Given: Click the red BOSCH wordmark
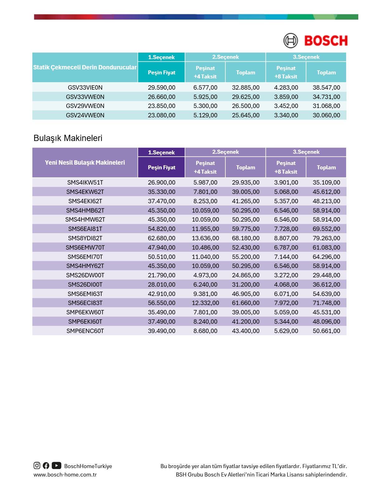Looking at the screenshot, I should tap(326, 41).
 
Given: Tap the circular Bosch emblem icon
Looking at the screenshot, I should tap(290, 41).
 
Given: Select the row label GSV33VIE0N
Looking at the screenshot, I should tap(85, 87).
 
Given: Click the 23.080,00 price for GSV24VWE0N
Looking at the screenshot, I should tap(162, 115).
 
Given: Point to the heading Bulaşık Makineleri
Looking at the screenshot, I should tap(68, 138).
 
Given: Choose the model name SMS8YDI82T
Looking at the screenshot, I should tap(85, 238).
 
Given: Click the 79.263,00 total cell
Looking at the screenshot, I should tap(326, 238).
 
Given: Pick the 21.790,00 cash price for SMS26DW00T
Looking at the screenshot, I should tap(162, 275).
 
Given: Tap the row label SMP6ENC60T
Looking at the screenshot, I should tap(85, 331).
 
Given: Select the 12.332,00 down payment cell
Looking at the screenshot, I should tap(205, 303).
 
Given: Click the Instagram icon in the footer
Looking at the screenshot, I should tap(37, 466).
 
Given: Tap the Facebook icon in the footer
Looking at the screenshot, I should tap(46, 466).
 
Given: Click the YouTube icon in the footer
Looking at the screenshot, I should tap(56, 466).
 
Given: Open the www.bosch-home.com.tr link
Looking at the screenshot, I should tap(65, 475).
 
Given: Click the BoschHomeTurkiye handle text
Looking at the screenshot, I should tap(88, 466).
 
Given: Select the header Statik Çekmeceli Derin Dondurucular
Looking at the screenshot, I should tap(85, 67).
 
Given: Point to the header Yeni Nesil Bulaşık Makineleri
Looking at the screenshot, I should tap(85, 162).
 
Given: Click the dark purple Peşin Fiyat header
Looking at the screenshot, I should tap(162, 167).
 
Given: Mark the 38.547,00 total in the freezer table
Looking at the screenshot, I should tap(326, 87).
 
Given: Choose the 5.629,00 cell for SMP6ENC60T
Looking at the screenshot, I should tap(286, 331).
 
